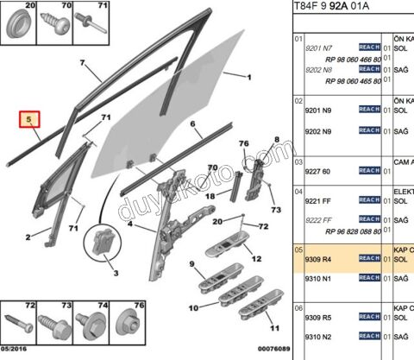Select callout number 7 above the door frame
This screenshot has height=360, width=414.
click(x=83, y=64)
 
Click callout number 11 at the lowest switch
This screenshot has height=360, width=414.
click(x=273, y=328)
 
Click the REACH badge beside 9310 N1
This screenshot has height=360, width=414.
click(x=368, y=279)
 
